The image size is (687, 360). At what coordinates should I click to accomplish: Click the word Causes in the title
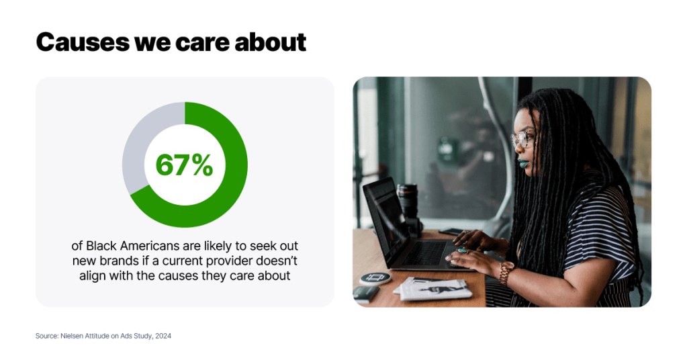(x=83, y=42)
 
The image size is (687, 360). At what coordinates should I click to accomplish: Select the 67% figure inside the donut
(x=185, y=165)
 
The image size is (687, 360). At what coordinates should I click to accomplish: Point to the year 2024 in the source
(x=163, y=336)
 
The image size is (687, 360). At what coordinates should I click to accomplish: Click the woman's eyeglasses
(x=522, y=139)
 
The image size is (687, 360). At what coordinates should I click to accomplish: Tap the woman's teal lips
(x=522, y=165)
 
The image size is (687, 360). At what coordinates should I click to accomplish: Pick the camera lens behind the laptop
(x=408, y=201)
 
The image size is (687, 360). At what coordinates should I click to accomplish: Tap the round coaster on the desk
(x=375, y=278)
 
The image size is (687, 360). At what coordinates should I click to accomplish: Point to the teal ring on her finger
(x=462, y=251)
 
